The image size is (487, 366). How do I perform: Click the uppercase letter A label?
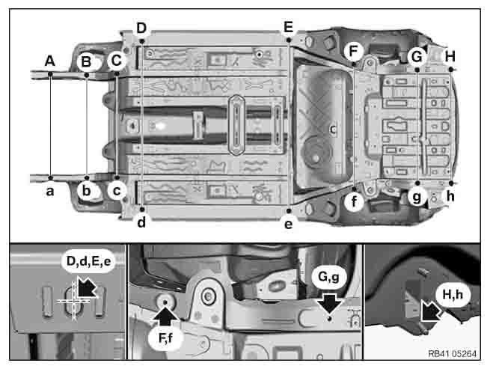[x=49, y=60]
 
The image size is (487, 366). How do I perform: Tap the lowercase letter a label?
[x=49, y=191]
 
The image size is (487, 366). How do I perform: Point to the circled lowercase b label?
[x=87, y=191]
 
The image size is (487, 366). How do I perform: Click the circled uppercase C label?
[x=116, y=60]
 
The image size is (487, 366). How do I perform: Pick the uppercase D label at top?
[x=141, y=28]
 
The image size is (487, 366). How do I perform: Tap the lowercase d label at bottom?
[x=141, y=222]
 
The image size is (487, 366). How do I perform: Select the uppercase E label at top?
[x=288, y=28]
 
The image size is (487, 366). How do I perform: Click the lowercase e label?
[x=288, y=222]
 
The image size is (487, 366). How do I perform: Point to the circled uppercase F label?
[x=355, y=51]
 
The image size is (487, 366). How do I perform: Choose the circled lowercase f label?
[x=355, y=200]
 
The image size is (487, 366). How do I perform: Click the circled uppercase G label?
[x=417, y=55]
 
